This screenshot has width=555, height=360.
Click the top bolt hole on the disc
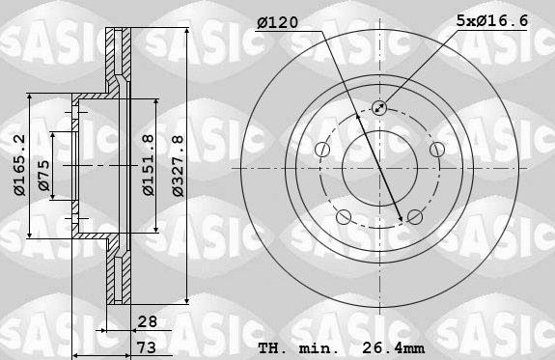pos(377,108)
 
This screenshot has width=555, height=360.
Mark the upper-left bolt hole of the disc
pos(322,149)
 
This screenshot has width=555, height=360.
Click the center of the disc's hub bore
pos(377,167)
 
